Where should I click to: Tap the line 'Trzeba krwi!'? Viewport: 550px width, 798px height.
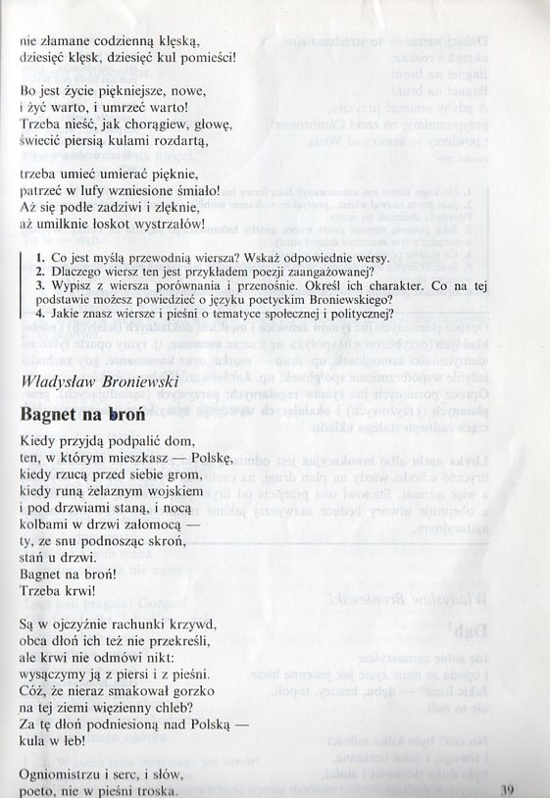[58, 590]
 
